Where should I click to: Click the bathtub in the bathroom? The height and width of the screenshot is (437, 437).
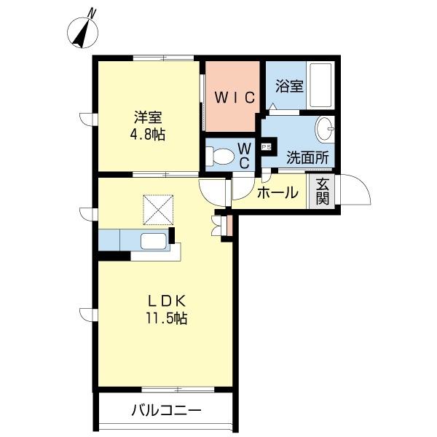pos(320,86)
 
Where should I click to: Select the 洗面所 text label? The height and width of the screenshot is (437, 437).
pos(307,156)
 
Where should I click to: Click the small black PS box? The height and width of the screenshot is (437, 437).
pos(266,146)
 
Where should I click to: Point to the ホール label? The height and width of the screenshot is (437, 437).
pos(277,193)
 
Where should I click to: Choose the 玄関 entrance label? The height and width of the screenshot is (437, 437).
pos(322,192)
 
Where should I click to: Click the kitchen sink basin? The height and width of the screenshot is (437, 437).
pos(154,242)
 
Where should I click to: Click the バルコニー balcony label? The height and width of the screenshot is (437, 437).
pos(165,411)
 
